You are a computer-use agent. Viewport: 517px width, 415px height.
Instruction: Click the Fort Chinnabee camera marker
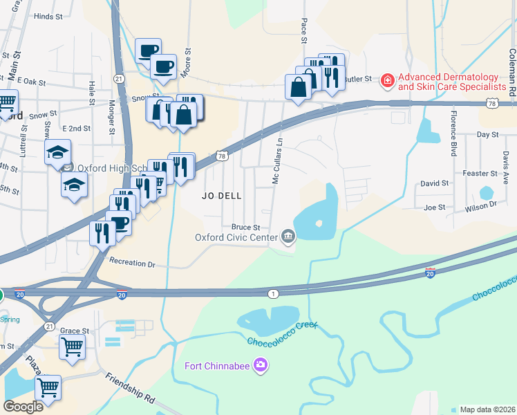click(x=261, y=365)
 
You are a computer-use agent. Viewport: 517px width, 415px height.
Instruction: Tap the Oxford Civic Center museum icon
click(x=288, y=237)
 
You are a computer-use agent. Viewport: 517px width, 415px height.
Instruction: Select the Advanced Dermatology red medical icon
click(x=388, y=82)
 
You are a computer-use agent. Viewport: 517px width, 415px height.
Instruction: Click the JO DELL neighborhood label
click(x=222, y=196)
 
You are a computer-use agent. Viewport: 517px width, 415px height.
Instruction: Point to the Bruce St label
click(x=245, y=227)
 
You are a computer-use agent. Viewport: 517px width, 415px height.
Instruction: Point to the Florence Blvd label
click(x=454, y=133)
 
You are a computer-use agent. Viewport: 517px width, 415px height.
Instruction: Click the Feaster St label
click(x=480, y=174)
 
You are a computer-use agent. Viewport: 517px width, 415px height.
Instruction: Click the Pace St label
click(x=303, y=31)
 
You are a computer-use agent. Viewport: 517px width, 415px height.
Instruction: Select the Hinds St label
click(x=48, y=16)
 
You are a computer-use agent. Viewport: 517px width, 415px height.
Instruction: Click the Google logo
click(x=23, y=407)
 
